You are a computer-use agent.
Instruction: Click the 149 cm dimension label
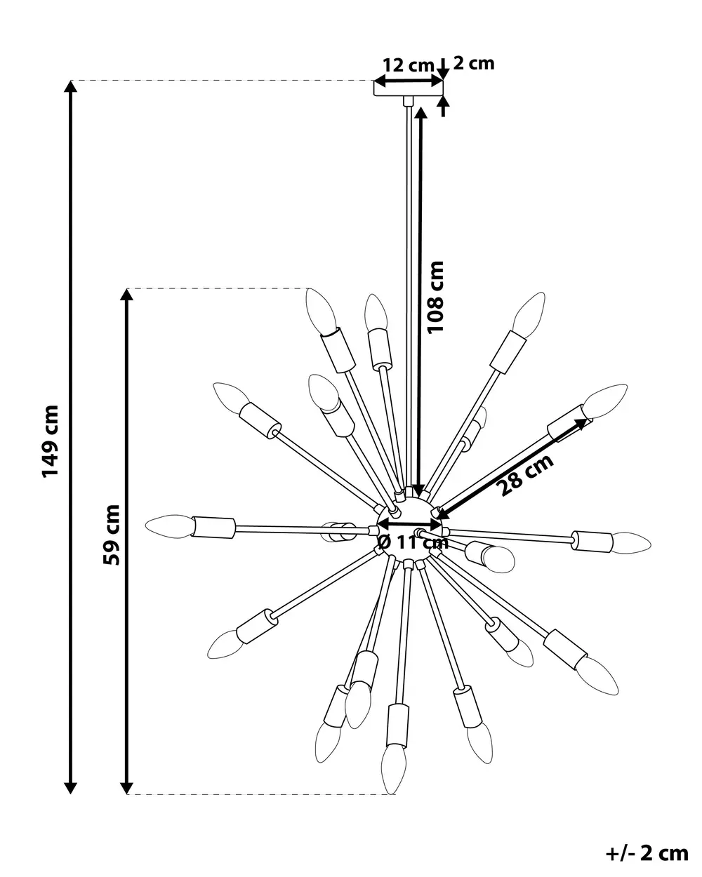(51, 441)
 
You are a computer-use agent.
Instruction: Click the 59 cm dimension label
(112, 535)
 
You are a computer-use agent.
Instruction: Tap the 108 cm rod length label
(435, 297)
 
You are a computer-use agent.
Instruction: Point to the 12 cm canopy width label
(409, 65)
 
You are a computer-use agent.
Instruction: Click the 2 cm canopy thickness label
(474, 63)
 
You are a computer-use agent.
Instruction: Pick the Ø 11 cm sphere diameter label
(413, 542)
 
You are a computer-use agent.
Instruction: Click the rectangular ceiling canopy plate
(409, 88)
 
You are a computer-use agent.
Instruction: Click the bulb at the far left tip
(169, 526)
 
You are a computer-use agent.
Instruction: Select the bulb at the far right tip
(631, 543)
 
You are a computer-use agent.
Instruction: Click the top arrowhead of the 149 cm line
(71, 87)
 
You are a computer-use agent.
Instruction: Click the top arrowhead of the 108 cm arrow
(420, 113)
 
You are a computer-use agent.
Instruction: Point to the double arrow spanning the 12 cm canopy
(409, 81)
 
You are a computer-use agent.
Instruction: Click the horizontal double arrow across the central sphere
(409, 525)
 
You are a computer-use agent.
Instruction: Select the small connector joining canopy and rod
(408, 101)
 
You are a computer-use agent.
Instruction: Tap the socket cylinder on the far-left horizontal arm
(213, 528)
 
